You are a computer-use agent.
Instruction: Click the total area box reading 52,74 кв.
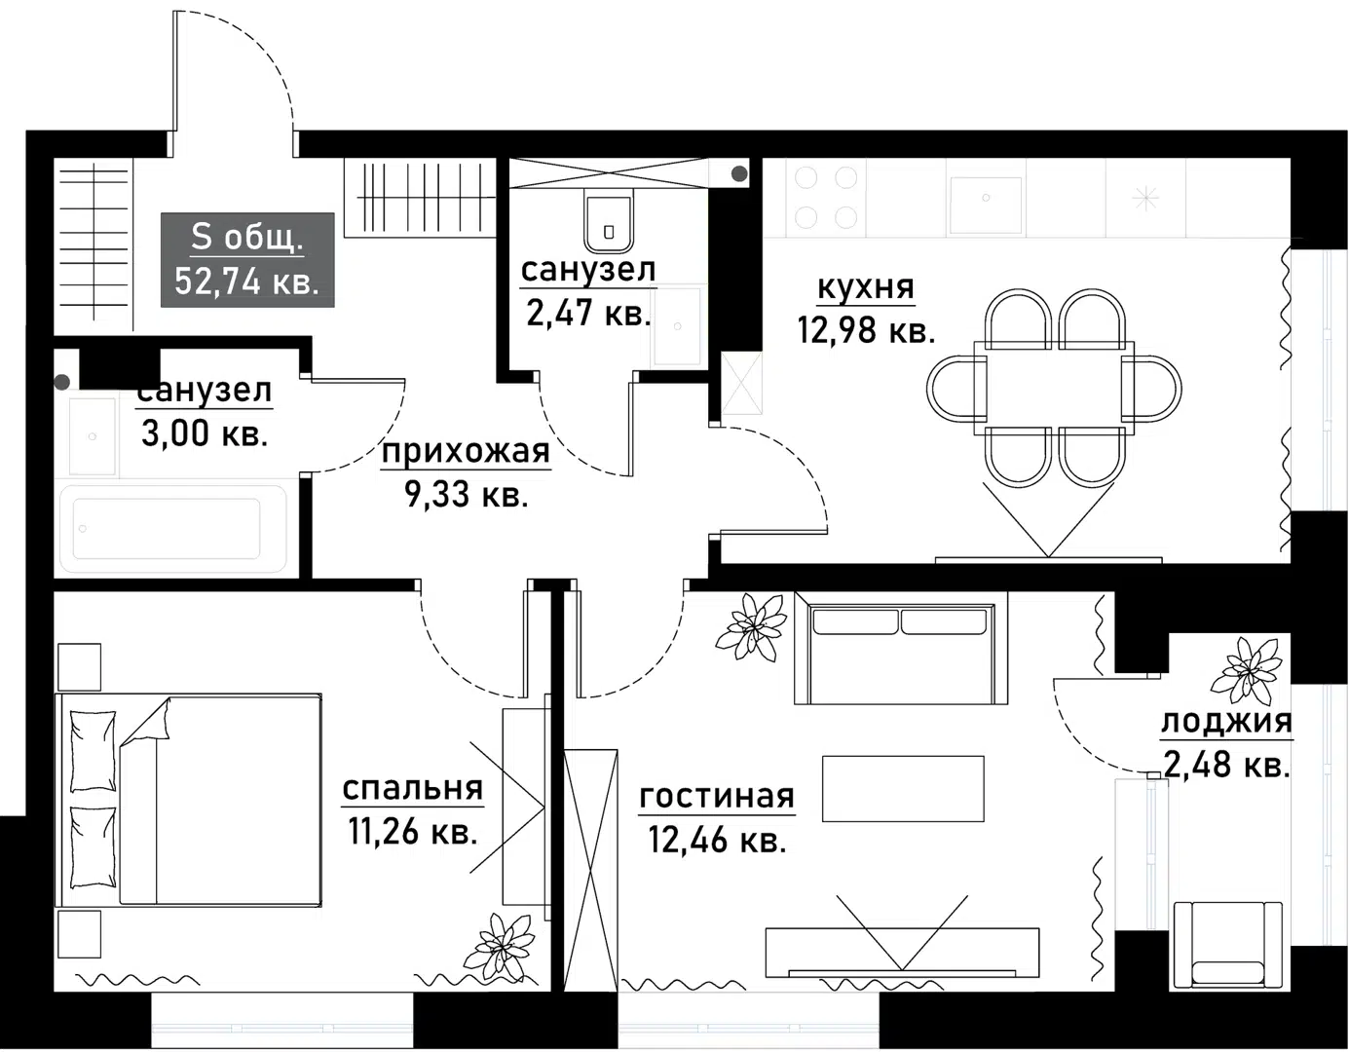point(247,259)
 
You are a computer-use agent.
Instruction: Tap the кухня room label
point(865,288)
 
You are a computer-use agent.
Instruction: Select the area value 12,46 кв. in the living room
point(717,839)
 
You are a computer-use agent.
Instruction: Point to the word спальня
point(412,788)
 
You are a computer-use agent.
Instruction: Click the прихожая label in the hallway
point(466,452)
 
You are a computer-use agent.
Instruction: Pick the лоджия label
point(1226,722)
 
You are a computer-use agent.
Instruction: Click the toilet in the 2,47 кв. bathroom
point(609,221)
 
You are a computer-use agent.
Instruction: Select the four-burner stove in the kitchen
point(826,198)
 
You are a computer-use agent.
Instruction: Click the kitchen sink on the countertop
point(986,205)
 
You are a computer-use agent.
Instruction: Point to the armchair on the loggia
point(1227,945)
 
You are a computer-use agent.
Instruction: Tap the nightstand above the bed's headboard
point(79,667)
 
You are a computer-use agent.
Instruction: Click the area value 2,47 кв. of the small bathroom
point(588,314)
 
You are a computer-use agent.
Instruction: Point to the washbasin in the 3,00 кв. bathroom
point(93,435)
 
